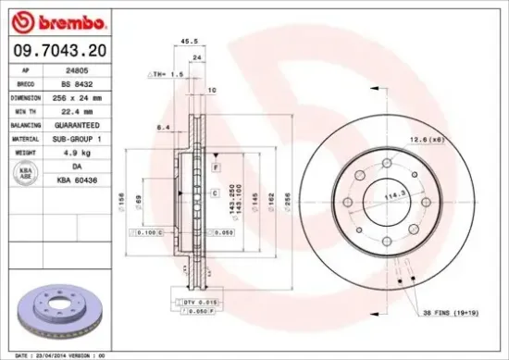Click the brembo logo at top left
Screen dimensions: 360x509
(58, 19)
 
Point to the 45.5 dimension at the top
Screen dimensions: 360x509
(188, 41)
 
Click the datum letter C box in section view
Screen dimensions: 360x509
(214, 193)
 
